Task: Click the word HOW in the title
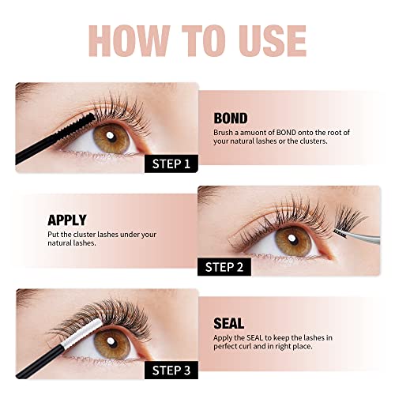click(x=129, y=41)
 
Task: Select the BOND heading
click(x=231, y=118)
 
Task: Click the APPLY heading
click(x=67, y=220)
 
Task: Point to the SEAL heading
click(x=229, y=323)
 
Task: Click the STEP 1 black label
click(x=171, y=164)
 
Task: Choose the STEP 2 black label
click(x=224, y=267)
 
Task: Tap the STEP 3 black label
click(x=171, y=371)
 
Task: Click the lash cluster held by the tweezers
click(x=350, y=220)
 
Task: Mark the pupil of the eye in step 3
click(x=111, y=343)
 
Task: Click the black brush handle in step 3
click(x=39, y=363)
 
